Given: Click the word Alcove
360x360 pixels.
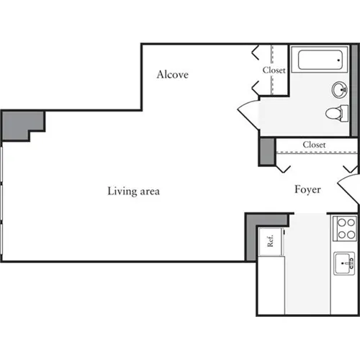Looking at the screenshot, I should pos(173,73).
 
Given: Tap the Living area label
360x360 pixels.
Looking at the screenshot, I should pos(133,192).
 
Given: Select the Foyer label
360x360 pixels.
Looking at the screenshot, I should pos(307,189).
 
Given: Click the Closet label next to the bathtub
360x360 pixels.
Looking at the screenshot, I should pos(274,71).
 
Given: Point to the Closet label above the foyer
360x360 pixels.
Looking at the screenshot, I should pos(314,145).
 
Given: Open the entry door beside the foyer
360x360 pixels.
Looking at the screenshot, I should pos(351,193).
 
